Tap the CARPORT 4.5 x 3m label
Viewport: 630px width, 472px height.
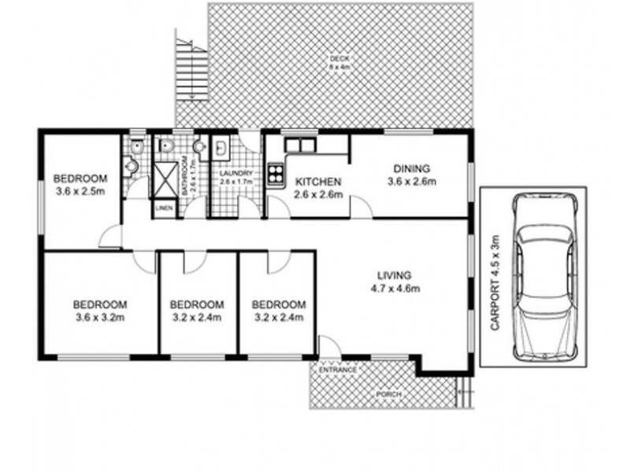[495, 283]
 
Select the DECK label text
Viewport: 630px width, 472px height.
[339, 59]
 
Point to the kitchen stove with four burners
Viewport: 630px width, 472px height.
[276, 172]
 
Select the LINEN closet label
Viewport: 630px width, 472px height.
[164, 208]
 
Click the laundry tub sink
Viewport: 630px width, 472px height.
[221, 147]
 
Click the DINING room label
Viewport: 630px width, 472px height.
[411, 168]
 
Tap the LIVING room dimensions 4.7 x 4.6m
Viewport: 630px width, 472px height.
[395, 288]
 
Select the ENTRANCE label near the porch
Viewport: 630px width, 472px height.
[338, 370]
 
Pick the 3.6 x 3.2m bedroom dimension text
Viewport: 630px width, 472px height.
[100, 318]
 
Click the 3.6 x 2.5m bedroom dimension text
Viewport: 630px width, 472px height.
[82, 190]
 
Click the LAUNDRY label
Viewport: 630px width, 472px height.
[235, 174]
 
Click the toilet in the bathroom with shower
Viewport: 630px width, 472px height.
[166, 146]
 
